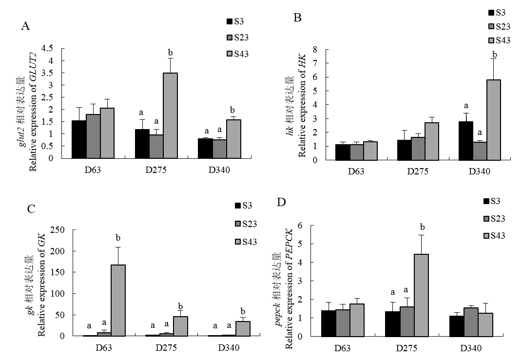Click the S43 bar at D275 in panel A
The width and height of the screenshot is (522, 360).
pyautogui.click(x=171, y=115)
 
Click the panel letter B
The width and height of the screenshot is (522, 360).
pyautogui.click(x=298, y=18)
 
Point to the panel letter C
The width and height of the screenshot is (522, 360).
pyautogui.click(x=32, y=209)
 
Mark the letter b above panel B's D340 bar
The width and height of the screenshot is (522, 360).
pyautogui.click(x=495, y=54)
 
